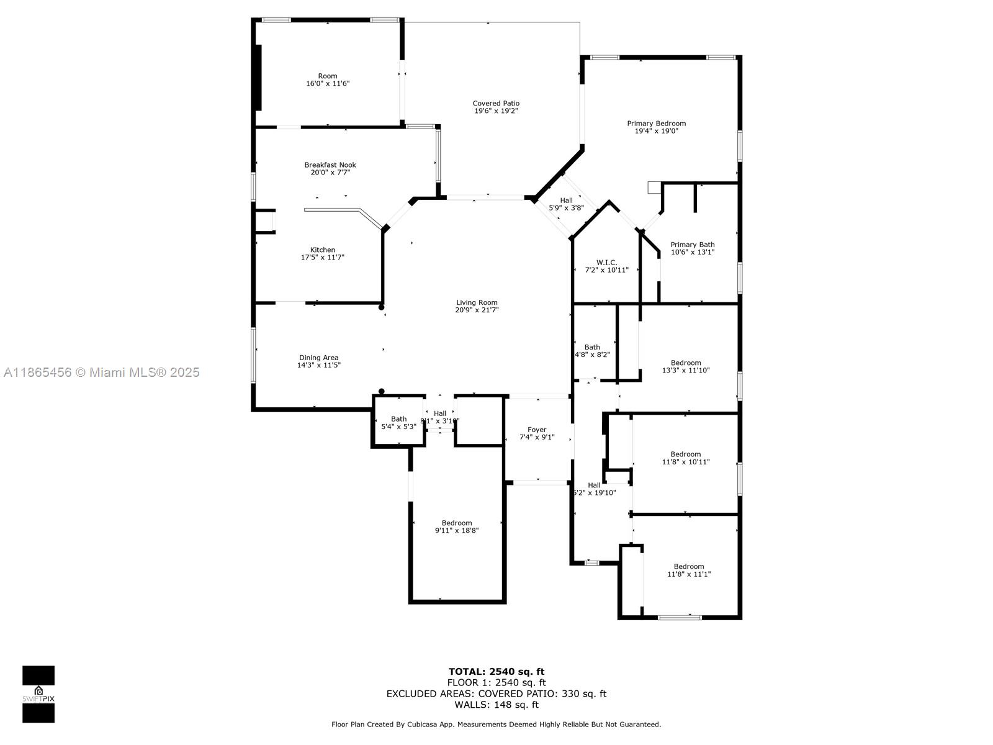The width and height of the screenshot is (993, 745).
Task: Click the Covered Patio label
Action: (496, 104)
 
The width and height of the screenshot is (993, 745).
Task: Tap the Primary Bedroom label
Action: (656, 124)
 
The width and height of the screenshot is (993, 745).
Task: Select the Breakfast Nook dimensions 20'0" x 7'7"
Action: (330, 173)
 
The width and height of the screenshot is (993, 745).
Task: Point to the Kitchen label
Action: (323, 250)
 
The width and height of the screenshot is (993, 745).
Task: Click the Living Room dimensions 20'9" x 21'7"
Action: (477, 310)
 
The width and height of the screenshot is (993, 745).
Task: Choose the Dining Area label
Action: (318, 358)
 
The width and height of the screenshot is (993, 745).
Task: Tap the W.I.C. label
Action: (606, 263)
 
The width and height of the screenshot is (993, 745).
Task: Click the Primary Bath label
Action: (692, 245)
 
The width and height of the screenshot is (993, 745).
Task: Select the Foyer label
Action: (537, 430)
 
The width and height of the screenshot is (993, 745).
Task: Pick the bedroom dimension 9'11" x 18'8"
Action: (457, 530)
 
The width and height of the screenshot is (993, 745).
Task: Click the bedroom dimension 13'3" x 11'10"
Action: (686, 371)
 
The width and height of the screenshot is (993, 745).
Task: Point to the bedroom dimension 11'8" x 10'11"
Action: (686, 462)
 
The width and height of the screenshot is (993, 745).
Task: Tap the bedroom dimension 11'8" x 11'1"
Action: (689, 574)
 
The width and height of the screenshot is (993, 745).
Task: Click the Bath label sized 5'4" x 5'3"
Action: (398, 419)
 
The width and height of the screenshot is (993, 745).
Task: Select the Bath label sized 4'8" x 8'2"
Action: (592, 347)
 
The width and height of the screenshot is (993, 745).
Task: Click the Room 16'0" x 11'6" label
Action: (328, 76)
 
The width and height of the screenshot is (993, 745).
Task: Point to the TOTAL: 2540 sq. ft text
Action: (496, 671)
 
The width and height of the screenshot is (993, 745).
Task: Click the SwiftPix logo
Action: (38, 694)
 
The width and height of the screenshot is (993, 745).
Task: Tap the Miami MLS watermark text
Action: (102, 372)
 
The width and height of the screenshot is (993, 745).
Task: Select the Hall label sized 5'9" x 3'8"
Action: (566, 201)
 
